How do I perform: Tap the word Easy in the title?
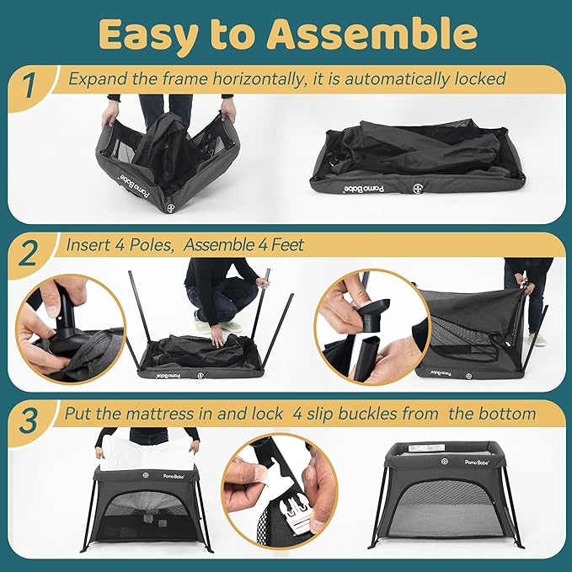[x=150, y=36]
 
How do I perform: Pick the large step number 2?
[x=29, y=254]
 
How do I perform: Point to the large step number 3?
[x=29, y=421]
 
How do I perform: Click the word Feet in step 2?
[x=287, y=245]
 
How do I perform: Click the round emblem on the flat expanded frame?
[x=418, y=189]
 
